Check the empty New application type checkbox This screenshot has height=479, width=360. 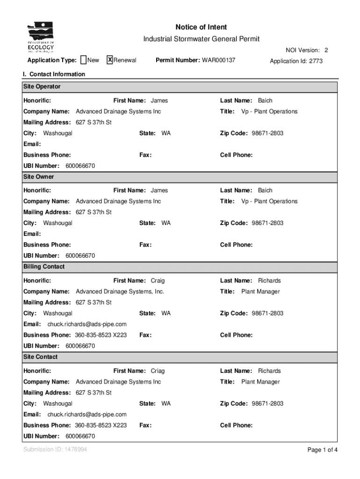(x=83, y=60)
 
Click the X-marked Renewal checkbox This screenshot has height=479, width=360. (x=110, y=60)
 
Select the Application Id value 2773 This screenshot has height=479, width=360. (x=315, y=61)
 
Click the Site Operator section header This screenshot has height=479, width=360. (x=42, y=87)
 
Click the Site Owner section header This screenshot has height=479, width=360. (x=39, y=177)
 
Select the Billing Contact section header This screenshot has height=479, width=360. (x=44, y=267)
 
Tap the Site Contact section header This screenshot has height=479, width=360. (x=41, y=357)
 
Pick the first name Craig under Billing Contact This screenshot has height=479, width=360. (x=158, y=281)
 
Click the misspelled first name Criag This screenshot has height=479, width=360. (x=158, y=371)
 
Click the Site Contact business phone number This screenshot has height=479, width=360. (x=101, y=425)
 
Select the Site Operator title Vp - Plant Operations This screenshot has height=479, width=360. (x=269, y=111)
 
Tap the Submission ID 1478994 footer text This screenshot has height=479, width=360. (x=55, y=450)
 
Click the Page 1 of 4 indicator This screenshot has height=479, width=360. (x=322, y=450)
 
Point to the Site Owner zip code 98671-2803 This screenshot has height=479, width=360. (x=267, y=223)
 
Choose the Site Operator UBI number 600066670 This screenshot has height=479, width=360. (x=80, y=166)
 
